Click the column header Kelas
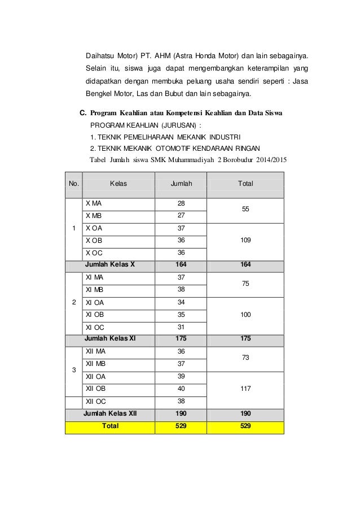click(118, 184)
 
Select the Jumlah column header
click(181, 184)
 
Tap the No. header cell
click(74, 184)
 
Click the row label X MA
click(94, 203)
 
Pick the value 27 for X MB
click(181, 216)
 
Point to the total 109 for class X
click(245, 241)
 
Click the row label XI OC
click(95, 328)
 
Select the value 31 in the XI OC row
click(181, 328)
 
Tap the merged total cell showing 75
click(245, 285)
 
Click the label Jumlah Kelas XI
click(110, 339)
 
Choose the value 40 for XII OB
click(181, 389)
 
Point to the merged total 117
click(245, 389)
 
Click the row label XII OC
click(95, 402)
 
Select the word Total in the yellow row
click(109, 426)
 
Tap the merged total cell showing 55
click(245, 210)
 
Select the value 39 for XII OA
click(181, 377)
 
